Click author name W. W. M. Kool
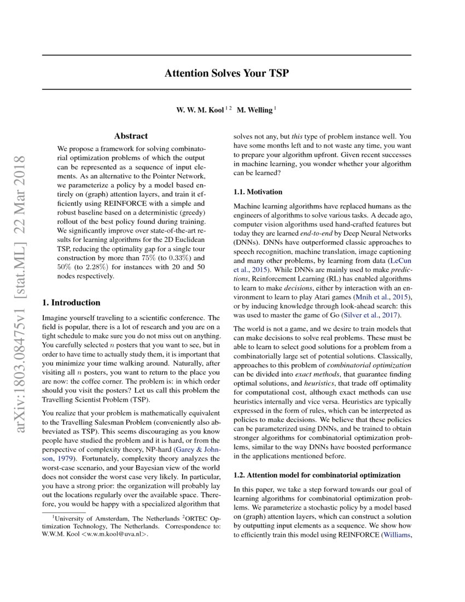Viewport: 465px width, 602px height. coord(199,110)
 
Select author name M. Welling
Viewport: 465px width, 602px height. coord(254,110)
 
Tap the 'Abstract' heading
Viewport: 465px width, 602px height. coord(131,136)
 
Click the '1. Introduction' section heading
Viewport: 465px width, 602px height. coord(71,302)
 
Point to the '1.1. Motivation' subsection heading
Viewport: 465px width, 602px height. coord(258,192)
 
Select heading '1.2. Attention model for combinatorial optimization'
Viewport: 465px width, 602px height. coord(317,474)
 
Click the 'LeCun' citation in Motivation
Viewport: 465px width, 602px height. coord(400,261)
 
